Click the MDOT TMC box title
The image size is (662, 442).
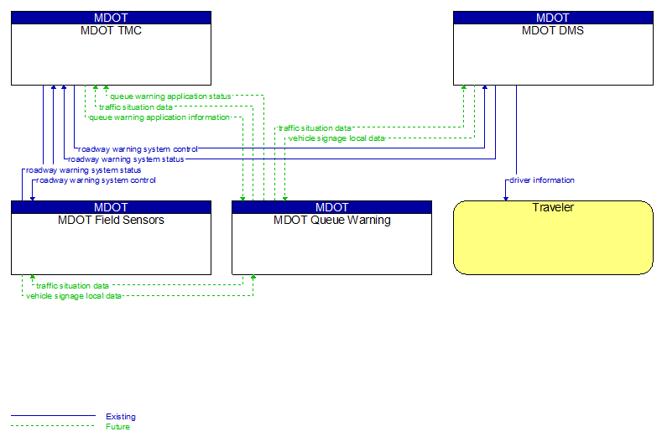[x=111, y=31]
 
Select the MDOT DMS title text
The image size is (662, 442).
[x=553, y=31]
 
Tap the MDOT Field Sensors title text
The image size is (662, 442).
[x=111, y=221]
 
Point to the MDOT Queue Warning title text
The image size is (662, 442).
[x=331, y=221]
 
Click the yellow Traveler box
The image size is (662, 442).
[x=553, y=243]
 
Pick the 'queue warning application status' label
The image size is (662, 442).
[x=170, y=96]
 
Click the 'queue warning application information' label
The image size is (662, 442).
[x=159, y=117]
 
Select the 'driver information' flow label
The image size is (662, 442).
[x=542, y=180]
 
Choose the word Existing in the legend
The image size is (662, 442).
[x=120, y=417]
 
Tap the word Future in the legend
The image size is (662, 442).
[x=117, y=427]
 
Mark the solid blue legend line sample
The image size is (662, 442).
[x=53, y=416]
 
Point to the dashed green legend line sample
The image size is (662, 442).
[x=53, y=426]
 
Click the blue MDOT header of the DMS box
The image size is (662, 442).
[x=553, y=18]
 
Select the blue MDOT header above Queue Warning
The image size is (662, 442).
[x=331, y=207]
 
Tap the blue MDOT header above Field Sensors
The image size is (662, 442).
[x=111, y=207]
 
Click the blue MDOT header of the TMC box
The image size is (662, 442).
[x=111, y=18]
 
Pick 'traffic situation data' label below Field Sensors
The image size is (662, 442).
[x=72, y=286]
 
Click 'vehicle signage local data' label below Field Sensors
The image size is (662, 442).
[x=74, y=296]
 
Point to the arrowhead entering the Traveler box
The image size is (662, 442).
[x=505, y=198]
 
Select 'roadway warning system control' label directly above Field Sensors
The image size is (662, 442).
[x=96, y=180]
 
